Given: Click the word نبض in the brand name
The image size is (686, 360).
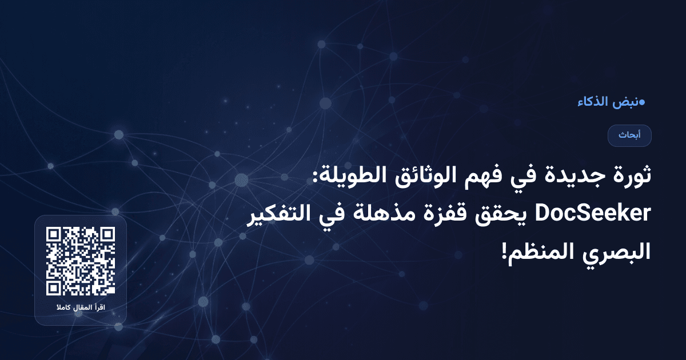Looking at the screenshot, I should coord(627,103).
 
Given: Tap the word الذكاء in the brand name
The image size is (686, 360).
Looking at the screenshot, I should coord(595,103).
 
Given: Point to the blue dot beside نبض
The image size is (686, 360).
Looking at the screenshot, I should coord(642,103).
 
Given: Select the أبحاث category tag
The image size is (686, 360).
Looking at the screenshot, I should coord(629,135).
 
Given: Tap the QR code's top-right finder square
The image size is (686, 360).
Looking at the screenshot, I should coord(107,235).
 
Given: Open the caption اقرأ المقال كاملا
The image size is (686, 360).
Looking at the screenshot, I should coord(81,309).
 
